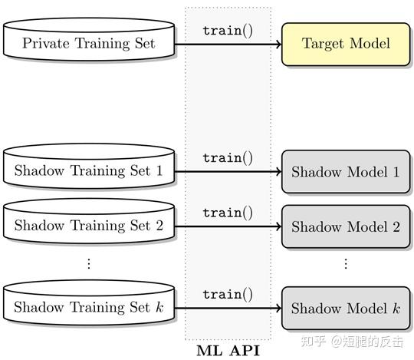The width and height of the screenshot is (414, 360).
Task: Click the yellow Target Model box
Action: (345, 43)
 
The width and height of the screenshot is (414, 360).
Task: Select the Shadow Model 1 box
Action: (345, 172)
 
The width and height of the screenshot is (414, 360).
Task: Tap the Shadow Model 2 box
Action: (345, 226)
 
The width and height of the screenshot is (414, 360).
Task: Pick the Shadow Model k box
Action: (345, 309)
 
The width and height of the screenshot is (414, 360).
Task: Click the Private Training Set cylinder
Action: (88, 43)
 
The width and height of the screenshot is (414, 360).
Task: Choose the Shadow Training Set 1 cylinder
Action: (88, 170)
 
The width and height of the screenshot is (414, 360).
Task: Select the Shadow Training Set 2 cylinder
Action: (88, 226)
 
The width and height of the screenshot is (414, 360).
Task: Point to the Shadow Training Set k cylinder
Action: (88, 307)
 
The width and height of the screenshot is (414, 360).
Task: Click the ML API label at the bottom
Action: (228, 352)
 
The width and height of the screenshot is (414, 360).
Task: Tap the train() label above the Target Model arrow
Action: (227, 31)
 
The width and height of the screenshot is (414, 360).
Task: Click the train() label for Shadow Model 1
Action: (227, 158)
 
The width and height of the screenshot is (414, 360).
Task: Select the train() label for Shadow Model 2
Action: (227, 213)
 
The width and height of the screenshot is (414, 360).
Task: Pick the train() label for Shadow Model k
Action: (227, 295)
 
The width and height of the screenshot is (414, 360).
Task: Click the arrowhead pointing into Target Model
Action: (278, 44)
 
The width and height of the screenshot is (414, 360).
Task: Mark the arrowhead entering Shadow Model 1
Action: (278, 172)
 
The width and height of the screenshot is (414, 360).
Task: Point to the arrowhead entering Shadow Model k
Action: (278, 309)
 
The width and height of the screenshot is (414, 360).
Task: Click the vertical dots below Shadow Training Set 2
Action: (88, 263)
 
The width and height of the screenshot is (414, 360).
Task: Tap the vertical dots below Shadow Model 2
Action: (345, 263)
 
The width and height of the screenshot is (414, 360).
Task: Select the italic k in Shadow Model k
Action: (396, 309)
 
